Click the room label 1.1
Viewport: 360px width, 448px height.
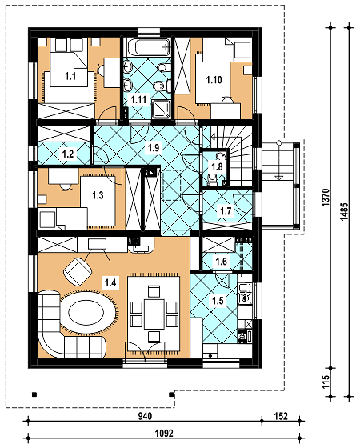tap(70, 76)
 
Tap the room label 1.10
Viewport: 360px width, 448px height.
tap(214, 80)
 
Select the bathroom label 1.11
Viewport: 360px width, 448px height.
tap(138, 100)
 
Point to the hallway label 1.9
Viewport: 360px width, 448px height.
tap(154, 148)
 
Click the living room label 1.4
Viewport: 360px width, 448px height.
tap(110, 283)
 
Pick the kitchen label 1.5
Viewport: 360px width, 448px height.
tap(218, 301)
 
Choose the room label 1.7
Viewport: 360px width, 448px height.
tap(226, 211)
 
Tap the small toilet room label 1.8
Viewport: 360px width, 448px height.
tap(217, 166)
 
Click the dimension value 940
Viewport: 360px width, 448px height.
tap(145, 416)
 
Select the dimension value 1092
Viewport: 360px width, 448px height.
tap(164, 434)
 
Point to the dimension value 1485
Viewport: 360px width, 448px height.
tap(344, 211)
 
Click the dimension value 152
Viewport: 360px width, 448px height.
tap(281, 416)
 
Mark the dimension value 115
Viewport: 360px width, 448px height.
tap(326, 382)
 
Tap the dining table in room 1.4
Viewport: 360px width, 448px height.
tap(154, 314)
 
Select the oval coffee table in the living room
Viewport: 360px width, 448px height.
tap(87, 311)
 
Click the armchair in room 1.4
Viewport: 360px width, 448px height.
tap(78, 271)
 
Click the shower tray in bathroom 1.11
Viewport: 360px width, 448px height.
tap(162, 109)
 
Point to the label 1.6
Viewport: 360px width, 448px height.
tap(222, 261)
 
